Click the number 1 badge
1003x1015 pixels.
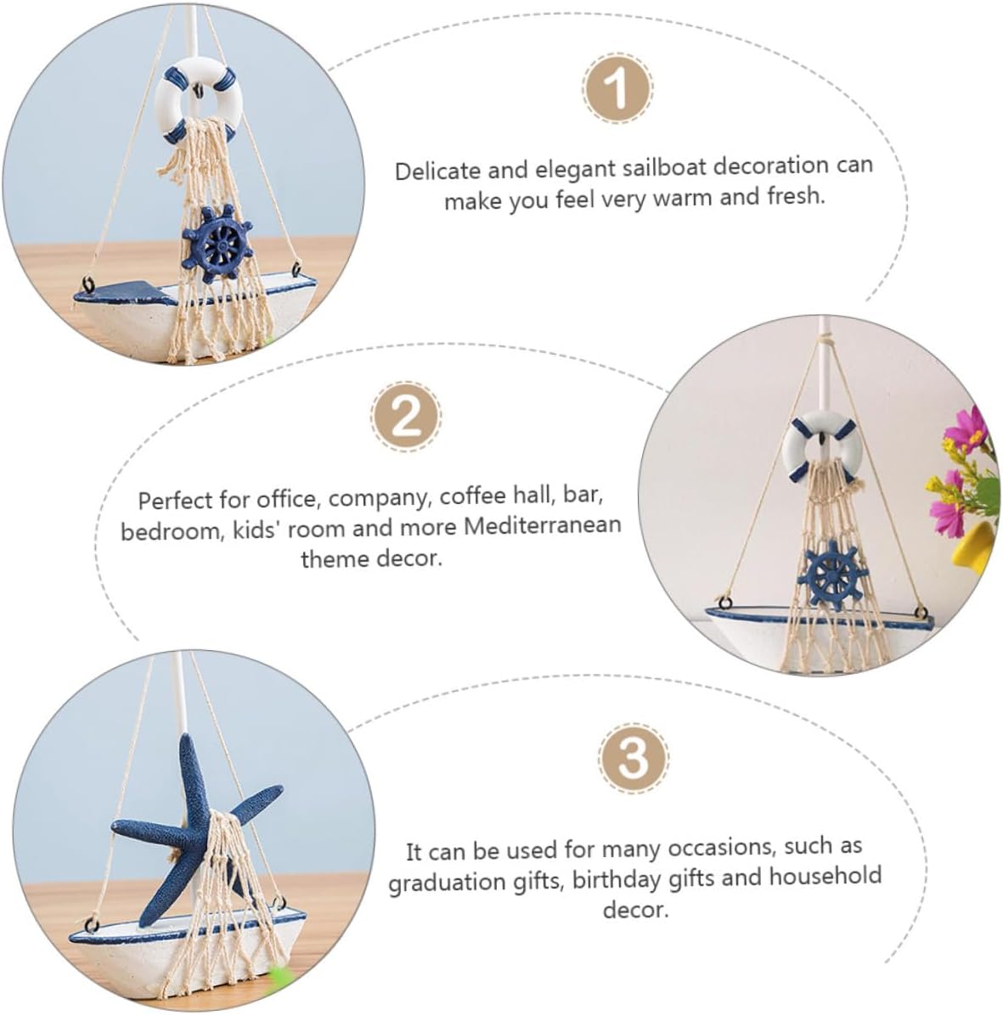point(617,88)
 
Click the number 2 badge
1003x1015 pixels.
point(406,416)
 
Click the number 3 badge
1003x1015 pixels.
point(633,757)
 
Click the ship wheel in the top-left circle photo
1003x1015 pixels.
point(217,244)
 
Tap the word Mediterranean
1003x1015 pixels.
point(543,525)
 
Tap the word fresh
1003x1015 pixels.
point(797,195)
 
